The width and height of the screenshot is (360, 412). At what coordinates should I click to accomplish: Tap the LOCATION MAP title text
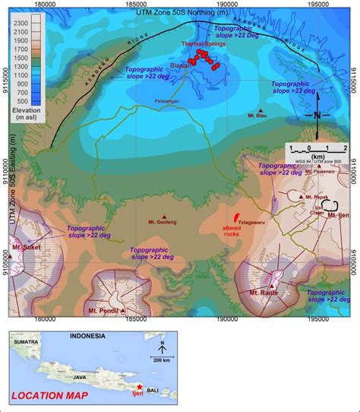(x=49, y=395)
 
